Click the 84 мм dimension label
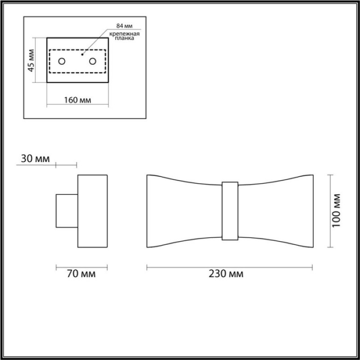pyautogui.click(x=125, y=26)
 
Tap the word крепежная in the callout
pyautogui.click(x=125, y=34)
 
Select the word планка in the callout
pyautogui.click(x=125, y=38)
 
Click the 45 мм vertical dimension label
pyautogui.click(x=31, y=60)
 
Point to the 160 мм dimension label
pyautogui.click(x=77, y=100)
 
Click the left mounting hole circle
pyautogui.click(x=62, y=61)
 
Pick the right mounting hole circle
pyautogui.click(x=93, y=61)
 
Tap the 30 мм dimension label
pyautogui.click(x=35, y=159)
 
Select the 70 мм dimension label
pyautogui.click(x=81, y=274)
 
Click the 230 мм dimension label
pyautogui.click(x=226, y=274)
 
